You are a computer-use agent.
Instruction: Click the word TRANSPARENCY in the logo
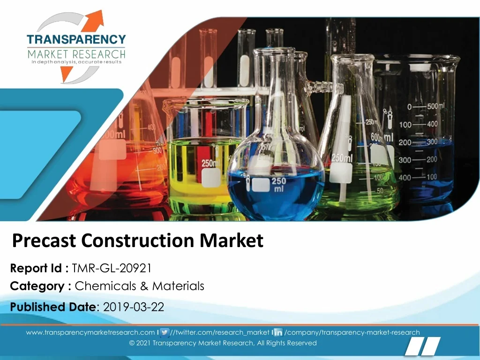pyautogui.click(x=76, y=39)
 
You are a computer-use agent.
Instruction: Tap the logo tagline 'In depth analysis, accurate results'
pyautogui.click(x=76, y=62)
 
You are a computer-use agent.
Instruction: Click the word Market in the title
pyautogui.click(x=232, y=240)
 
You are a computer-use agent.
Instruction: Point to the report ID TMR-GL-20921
pyautogui.click(x=112, y=268)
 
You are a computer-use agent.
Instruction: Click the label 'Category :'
pyautogui.click(x=41, y=286)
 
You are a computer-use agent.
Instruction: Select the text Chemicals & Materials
pyautogui.click(x=140, y=286)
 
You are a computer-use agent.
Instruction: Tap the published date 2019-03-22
pyautogui.click(x=134, y=307)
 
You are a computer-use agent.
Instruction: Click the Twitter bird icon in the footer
pyautogui.click(x=165, y=332)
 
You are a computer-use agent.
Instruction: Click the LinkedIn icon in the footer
pyautogui.click(x=278, y=332)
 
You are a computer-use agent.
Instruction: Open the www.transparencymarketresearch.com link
pyautogui.click(x=90, y=332)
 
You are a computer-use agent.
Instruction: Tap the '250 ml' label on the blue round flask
pyautogui.click(x=278, y=185)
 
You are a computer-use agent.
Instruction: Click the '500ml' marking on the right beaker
pyautogui.click(x=435, y=106)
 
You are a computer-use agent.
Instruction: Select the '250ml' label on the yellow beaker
pyautogui.click(x=210, y=164)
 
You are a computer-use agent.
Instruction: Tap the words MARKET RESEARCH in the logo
pyautogui.click(x=76, y=54)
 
